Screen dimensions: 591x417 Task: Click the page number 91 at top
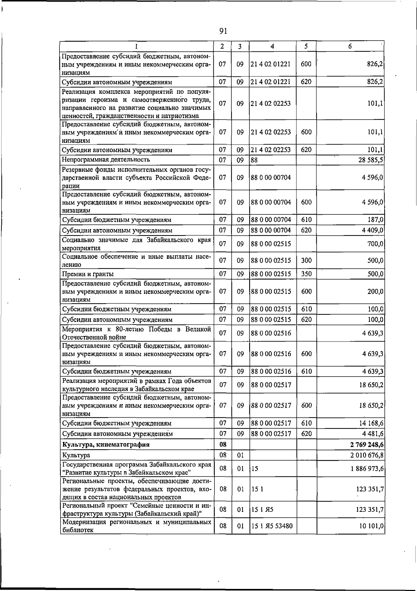tap(223, 31)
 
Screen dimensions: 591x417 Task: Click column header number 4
tap(272, 46)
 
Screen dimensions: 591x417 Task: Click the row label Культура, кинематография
tap(106, 444)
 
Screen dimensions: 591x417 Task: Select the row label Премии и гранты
tap(88, 274)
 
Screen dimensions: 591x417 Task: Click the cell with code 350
tap(306, 274)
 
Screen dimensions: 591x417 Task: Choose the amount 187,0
tap(376, 220)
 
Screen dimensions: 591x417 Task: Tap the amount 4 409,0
tap(373, 230)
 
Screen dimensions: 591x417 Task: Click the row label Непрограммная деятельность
tap(106, 160)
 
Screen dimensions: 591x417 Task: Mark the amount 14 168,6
tap(371, 423)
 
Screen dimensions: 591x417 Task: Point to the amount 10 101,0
tap(371, 526)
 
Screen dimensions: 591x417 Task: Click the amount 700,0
tap(376, 244)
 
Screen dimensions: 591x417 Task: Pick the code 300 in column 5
tap(306, 261)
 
